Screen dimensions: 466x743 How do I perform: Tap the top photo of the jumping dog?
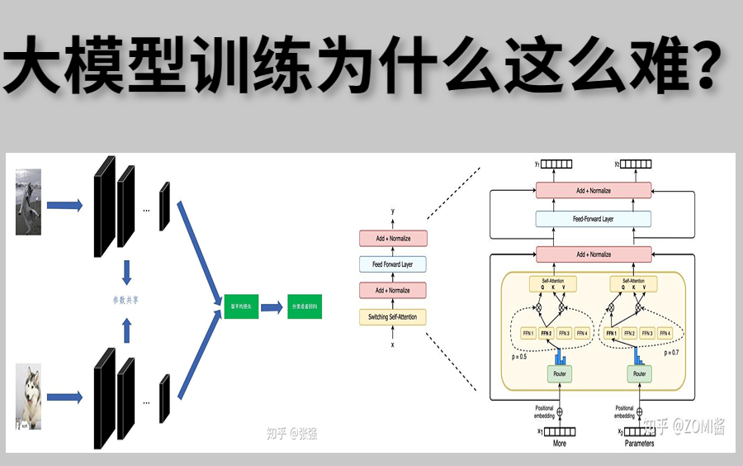tap(28, 202)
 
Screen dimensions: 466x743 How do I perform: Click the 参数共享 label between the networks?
tap(125, 300)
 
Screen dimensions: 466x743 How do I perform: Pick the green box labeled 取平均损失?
tap(235, 308)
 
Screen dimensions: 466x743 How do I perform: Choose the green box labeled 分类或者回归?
tap(305, 308)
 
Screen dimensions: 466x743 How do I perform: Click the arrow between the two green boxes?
tap(271, 308)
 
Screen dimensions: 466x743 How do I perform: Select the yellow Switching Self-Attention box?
tap(392, 316)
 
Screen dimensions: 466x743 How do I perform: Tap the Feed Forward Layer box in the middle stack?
tap(392, 264)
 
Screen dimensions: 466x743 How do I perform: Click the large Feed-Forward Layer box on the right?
tap(594, 219)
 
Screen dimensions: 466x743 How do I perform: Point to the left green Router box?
tap(561, 374)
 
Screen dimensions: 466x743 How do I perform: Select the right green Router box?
tap(639, 374)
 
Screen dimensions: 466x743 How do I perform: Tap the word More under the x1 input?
tap(559, 444)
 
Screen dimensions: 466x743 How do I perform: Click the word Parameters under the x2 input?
tap(638, 444)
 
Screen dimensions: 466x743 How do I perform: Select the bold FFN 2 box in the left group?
tap(547, 334)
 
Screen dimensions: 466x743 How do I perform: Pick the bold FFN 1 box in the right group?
tap(612, 334)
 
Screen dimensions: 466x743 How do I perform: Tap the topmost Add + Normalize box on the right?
tap(594, 190)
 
